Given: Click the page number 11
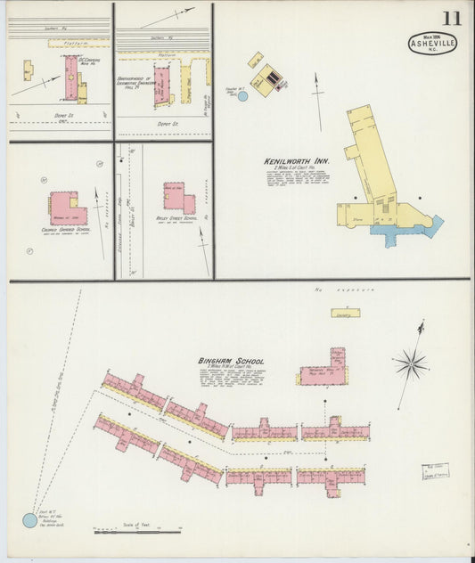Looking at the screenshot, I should pyautogui.click(x=451, y=18).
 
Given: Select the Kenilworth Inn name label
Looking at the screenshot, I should pyautogui.click(x=297, y=161).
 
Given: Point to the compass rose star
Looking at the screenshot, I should pyautogui.click(x=411, y=363).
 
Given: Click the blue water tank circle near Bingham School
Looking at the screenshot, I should pyautogui.click(x=29, y=520).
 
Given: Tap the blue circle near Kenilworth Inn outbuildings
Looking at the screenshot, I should pyautogui.click(x=242, y=94).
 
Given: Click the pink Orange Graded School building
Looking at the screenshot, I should pyautogui.click(x=68, y=208).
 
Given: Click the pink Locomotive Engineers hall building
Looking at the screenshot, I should pyautogui.click(x=163, y=86).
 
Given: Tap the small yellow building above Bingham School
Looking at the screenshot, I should pyautogui.click(x=342, y=313).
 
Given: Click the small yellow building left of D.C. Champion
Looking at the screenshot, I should pyautogui.click(x=28, y=70).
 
